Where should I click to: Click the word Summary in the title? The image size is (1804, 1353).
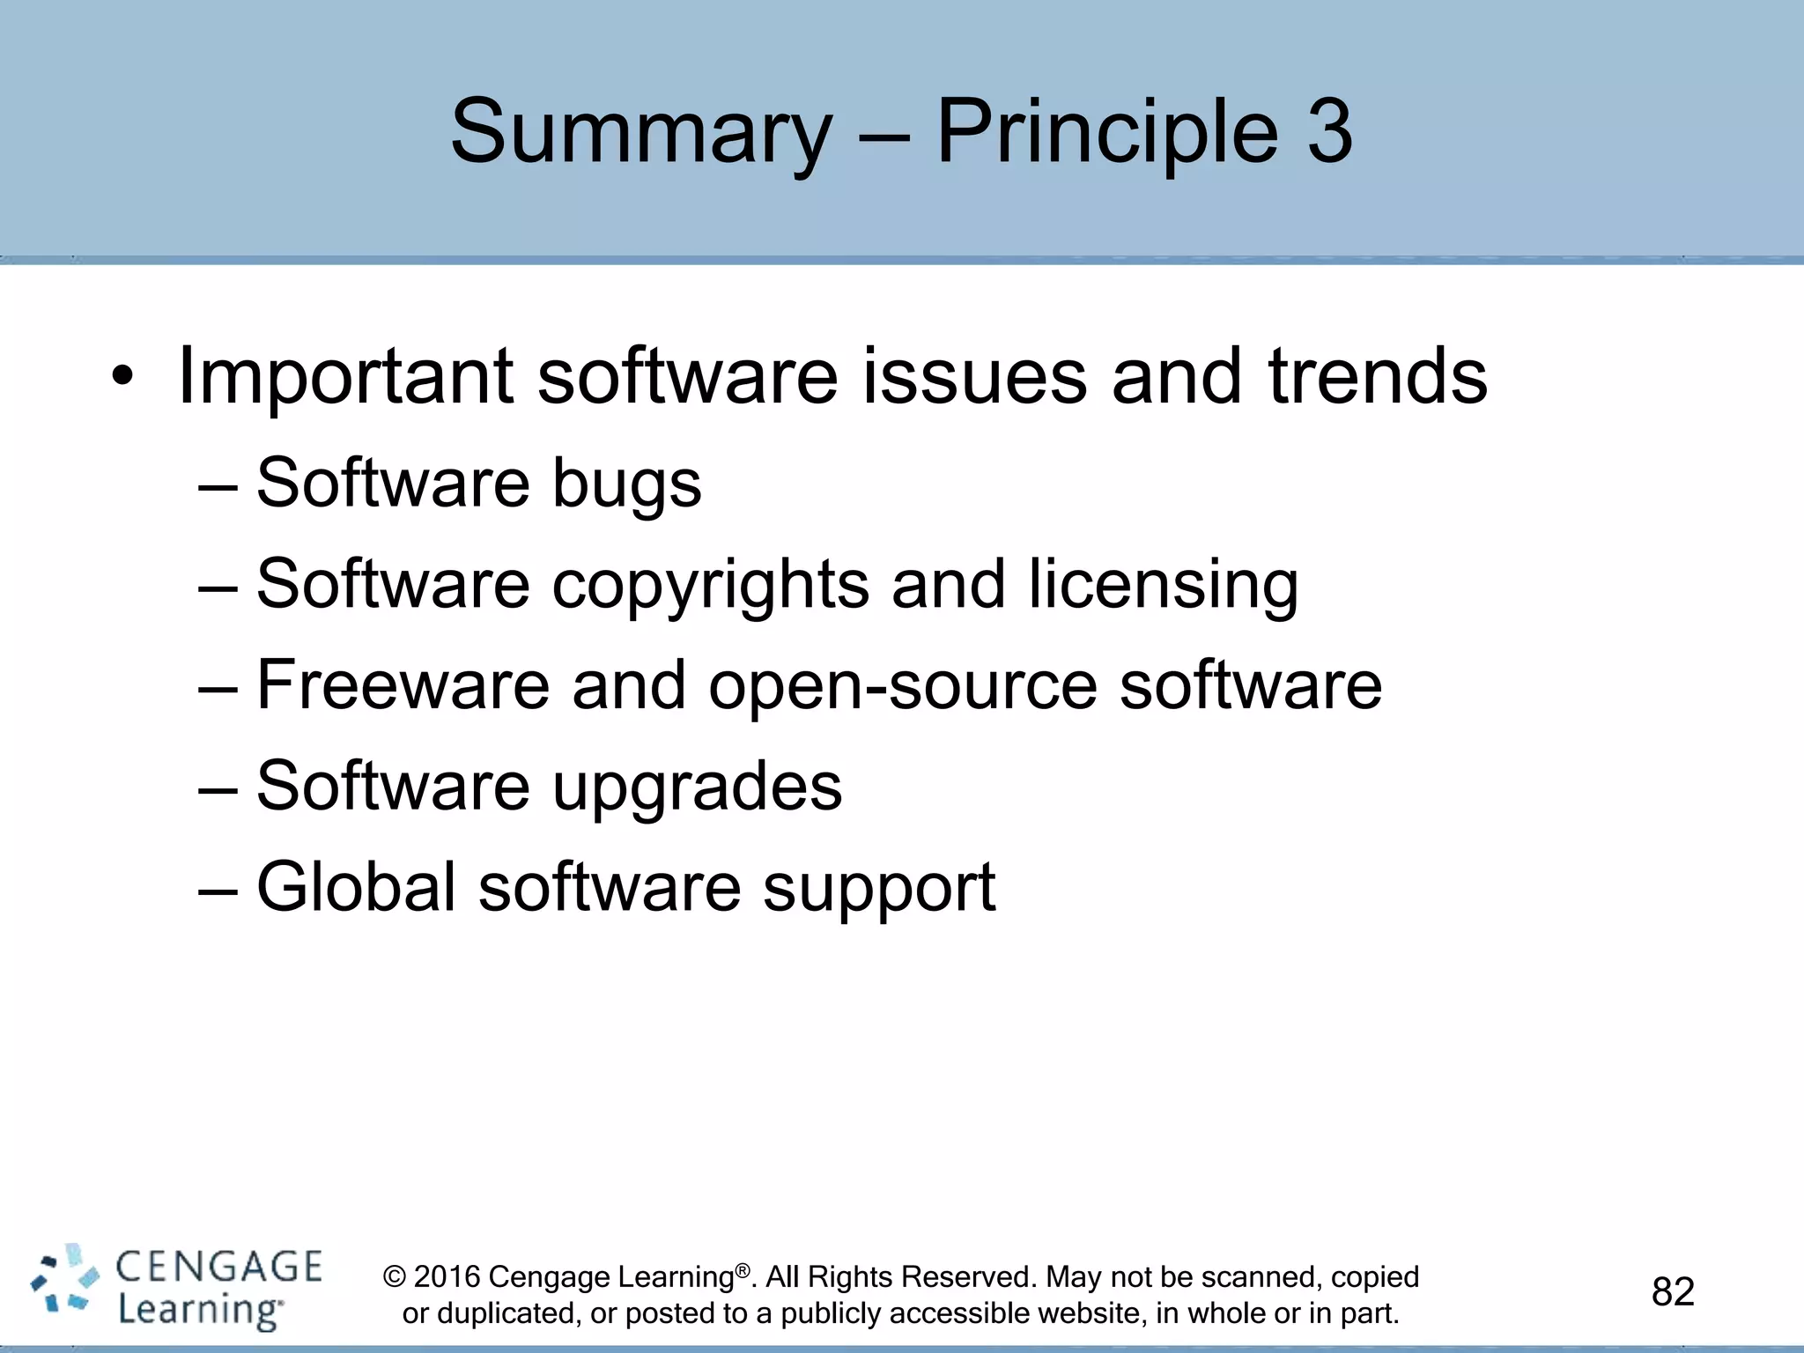640,132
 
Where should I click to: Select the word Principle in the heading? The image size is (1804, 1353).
1106,132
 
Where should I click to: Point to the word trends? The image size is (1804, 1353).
1378,376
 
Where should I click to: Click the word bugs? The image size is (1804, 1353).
626,484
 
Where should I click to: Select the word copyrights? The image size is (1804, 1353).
710,585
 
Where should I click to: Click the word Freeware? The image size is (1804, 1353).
403,685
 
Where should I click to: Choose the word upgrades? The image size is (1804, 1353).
697,787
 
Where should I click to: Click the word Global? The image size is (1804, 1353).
356,887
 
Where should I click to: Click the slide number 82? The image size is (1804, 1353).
1673,1292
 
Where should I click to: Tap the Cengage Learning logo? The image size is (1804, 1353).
176,1288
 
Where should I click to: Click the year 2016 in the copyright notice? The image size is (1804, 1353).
447,1277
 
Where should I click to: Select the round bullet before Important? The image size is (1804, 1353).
122,379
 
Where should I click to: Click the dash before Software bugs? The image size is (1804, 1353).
218,485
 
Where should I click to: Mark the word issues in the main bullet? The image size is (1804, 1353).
974,376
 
